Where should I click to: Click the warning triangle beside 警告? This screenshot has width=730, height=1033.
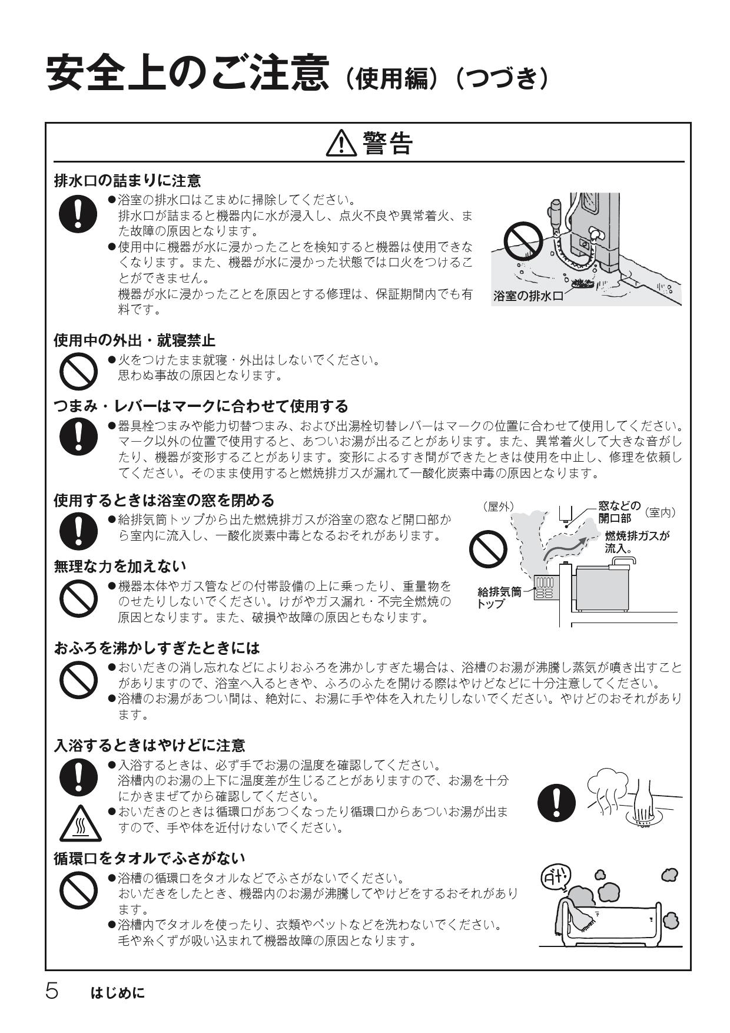(341, 143)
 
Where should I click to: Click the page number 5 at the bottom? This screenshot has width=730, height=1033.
(52, 992)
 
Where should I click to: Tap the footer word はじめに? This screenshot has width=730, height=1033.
(118, 994)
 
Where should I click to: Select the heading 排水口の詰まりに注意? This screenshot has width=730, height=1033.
(127, 180)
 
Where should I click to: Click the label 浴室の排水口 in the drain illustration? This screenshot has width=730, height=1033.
(528, 296)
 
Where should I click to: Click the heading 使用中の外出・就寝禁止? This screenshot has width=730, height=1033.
(134, 340)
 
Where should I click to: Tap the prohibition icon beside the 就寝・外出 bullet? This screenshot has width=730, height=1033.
(78, 370)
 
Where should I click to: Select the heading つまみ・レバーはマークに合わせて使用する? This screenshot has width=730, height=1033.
(201, 406)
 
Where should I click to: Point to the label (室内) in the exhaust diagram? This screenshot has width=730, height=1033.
(660, 512)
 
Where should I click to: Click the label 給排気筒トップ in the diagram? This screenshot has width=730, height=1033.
(499, 597)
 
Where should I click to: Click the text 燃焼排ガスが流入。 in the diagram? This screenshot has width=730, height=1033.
(636, 542)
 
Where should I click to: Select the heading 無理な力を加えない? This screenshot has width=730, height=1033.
(120, 566)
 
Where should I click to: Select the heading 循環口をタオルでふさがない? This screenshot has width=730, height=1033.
(150, 858)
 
